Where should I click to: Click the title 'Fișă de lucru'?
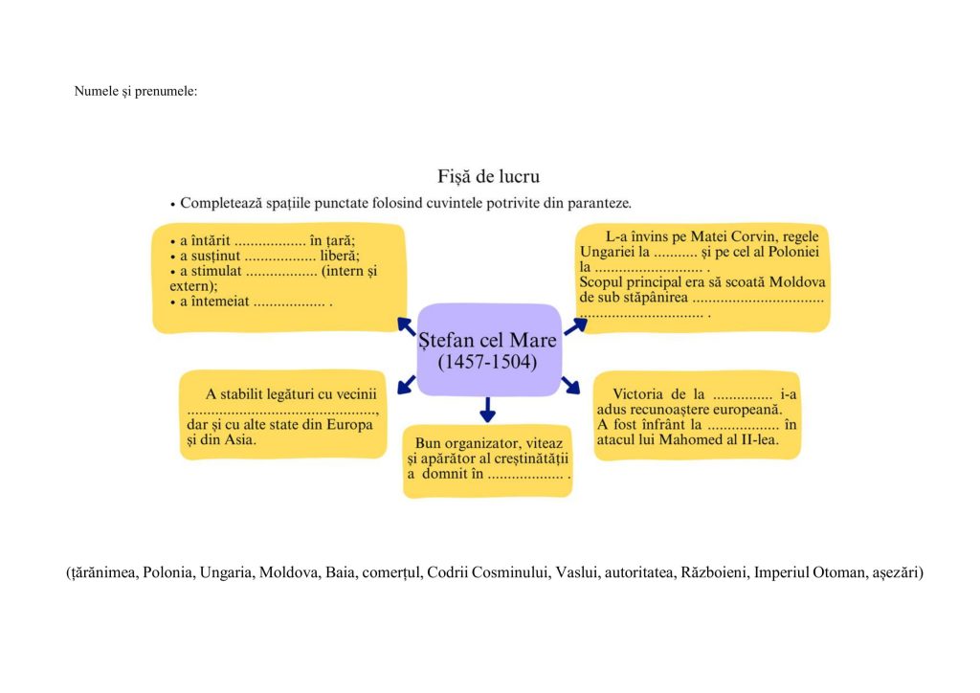click(488, 176)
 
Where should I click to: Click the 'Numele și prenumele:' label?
click(135, 91)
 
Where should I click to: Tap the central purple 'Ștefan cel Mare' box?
click(488, 349)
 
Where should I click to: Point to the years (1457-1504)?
click(487, 363)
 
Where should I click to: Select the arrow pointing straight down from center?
click(488, 410)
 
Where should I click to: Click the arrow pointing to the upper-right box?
click(574, 325)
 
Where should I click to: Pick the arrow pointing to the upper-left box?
click(406, 325)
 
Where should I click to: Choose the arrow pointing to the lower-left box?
click(406, 383)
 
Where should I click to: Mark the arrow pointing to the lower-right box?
click(571, 384)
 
